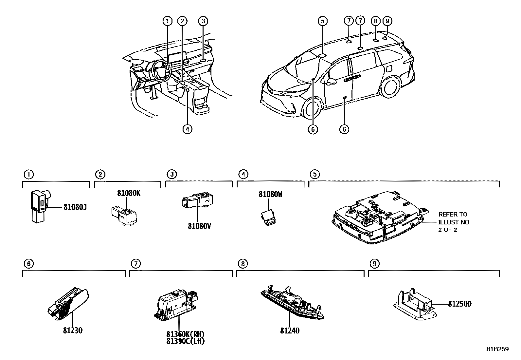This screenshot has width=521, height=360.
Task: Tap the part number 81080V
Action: (x=199, y=226)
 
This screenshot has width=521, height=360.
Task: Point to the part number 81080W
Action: (x=270, y=194)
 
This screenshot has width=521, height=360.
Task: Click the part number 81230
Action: (x=73, y=331)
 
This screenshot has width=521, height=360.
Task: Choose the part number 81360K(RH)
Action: (x=185, y=334)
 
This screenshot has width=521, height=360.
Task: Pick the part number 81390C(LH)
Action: (x=185, y=341)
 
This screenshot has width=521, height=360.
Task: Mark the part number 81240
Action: (x=290, y=331)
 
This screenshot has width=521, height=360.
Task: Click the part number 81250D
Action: (x=459, y=304)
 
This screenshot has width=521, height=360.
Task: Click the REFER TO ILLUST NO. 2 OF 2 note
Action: (x=454, y=222)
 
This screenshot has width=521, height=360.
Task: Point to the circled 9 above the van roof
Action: (x=387, y=21)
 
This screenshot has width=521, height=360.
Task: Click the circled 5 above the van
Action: (x=322, y=21)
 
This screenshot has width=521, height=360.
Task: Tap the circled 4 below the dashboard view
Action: (x=187, y=129)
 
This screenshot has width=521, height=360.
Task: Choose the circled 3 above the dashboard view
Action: (x=203, y=21)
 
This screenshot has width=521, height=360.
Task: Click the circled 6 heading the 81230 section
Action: (x=29, y=264)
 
